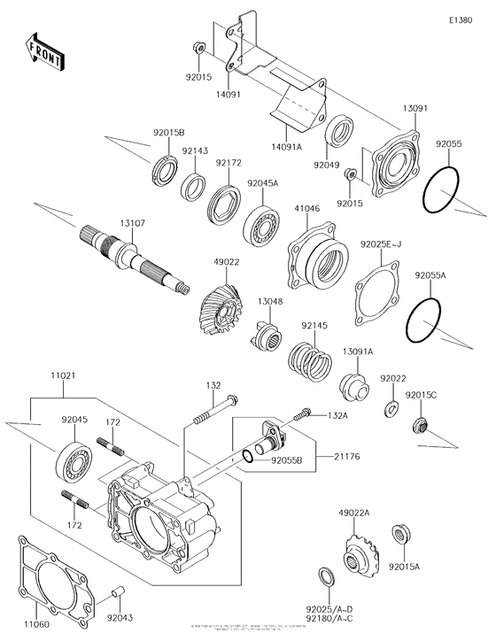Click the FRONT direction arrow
point(43,54)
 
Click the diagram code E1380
point(461,19)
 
